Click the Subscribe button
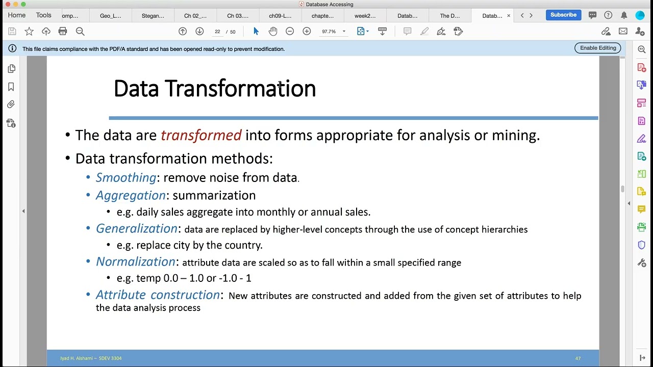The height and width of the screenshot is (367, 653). coord(563,15)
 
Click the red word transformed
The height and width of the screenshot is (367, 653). coord(201,135)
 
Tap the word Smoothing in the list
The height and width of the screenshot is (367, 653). coord(126,177)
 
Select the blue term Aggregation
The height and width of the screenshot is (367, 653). coord(131,195)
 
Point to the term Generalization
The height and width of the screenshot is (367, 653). coord(137,229)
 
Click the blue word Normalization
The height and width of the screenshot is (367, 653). coord(136,261)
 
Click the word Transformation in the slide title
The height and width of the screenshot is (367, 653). coord(240,89)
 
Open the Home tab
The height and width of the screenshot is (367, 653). coord(17,15)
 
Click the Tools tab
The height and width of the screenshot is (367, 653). coord(43,15)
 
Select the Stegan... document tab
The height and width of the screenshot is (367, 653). coord(153,16)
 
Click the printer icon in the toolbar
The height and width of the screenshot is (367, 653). coord(63,32)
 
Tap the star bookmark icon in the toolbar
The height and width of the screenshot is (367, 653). coord(29,32)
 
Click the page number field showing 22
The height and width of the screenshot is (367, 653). coord(217,32)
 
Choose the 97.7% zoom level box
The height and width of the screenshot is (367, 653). coord(329,32)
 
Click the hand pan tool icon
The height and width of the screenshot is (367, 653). coord(273,32)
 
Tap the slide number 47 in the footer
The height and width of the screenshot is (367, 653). coord(578,358)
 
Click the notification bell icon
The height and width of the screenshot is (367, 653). coord(624,15)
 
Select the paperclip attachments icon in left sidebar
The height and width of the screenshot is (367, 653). coord(11,104)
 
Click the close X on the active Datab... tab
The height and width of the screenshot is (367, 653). coord(508,16)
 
